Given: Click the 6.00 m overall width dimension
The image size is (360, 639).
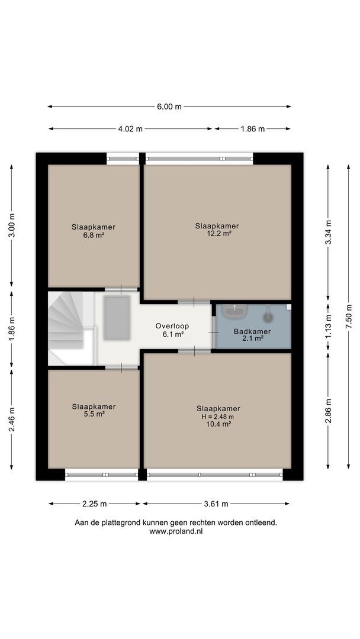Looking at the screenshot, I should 169,106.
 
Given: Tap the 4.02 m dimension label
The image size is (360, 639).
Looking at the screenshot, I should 130,129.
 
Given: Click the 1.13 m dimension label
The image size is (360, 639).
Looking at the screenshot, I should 329,328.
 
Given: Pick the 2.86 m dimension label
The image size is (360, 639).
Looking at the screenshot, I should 329,411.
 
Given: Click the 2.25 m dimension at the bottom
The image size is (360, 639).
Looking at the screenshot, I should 94,504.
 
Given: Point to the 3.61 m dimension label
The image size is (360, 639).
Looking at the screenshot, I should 216,504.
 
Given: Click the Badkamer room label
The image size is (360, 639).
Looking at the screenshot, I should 252,331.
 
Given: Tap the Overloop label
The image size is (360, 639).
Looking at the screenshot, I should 172,326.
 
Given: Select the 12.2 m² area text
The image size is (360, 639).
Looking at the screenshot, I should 217,233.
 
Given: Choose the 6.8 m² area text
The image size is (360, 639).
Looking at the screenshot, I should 94,234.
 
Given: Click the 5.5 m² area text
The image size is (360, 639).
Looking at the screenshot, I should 94,414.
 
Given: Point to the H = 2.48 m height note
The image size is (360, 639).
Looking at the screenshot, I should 218,416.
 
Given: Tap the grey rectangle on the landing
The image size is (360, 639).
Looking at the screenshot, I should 117,318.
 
